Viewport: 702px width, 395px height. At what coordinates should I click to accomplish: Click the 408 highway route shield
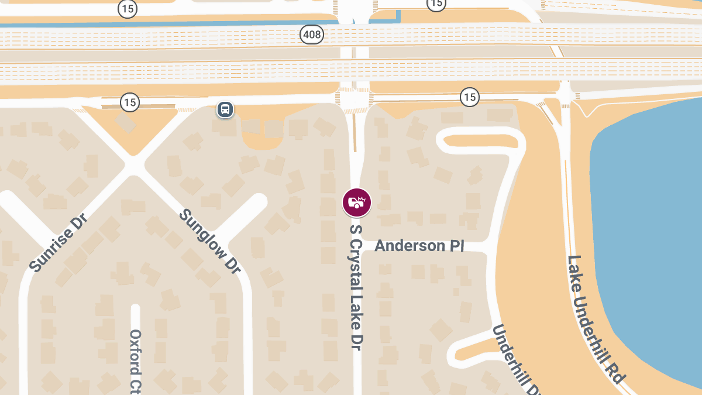pyautogui.click(x=312, y=35)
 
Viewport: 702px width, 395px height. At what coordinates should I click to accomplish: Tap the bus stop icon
pyautogui.click(x=225, y=109)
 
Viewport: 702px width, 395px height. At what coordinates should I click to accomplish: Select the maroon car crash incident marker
pyautogui.click(x=356, y=202)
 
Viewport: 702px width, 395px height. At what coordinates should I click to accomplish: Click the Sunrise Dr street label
pyautogui.click(x=58, y=243)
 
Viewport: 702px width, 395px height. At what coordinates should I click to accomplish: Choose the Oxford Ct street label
pyautogui.click(x=136, y=360)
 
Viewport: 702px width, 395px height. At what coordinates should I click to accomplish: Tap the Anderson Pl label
pyautogui.click(x=419, y=245)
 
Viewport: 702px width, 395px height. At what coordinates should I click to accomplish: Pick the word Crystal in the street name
pyautogui.click(x=356, y=264)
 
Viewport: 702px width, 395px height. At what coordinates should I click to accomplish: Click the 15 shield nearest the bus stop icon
pyautogui.click(x=130, y=102)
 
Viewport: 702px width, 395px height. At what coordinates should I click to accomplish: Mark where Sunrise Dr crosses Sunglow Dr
pyautogui.click(x=134, y=166)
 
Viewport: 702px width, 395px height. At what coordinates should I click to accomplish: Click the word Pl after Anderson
pyautogui.click(x=457, y=245)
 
